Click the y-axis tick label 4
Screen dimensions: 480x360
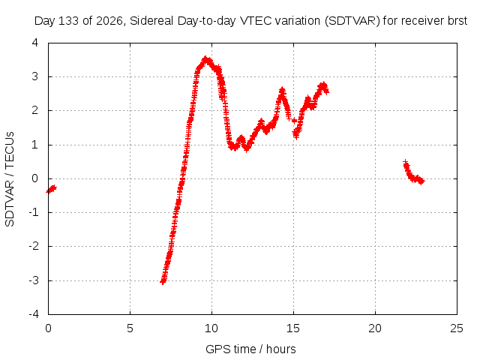point(35,43)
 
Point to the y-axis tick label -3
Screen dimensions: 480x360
point(34,280)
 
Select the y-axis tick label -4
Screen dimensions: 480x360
point(34,313)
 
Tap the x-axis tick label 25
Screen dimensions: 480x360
point(457,328)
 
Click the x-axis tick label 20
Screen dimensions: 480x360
point(375,328)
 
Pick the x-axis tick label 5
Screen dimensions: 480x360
point(130,328)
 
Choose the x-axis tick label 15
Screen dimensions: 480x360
point(293,328)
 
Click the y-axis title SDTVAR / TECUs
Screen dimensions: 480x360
point(10,179)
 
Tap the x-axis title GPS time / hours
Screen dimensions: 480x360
point(250,349)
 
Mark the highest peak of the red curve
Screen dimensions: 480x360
point(206,58)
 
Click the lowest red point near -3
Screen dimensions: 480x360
point(163,281)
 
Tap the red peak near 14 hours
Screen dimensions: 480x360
point(282,90)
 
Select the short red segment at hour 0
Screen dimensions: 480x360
point(52,189)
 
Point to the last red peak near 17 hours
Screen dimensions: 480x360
point(323,85)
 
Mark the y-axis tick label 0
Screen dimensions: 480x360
point(35,178)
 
